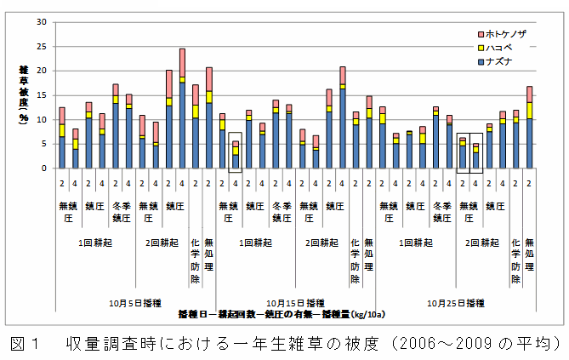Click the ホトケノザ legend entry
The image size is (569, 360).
pos(507,33)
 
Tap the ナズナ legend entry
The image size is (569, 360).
pos(504,61)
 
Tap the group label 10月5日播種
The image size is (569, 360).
pos(128,302)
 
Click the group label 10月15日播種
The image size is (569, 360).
pos(293,302)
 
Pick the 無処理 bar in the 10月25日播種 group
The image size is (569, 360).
pos(529,127)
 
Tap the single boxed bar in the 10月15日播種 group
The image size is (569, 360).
pos(236,155)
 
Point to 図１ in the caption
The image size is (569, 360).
pos(26,343)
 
